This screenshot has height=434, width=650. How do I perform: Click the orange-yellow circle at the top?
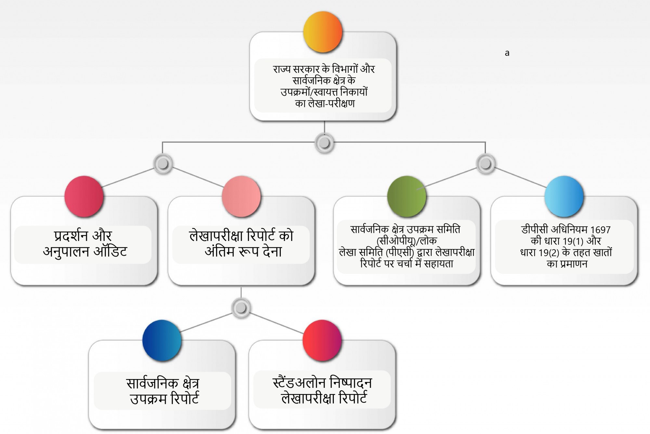click(x=323, y=32)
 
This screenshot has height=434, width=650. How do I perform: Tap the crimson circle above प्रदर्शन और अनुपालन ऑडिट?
click(x=84, y=196)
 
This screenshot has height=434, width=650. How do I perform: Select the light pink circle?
click(x=241, y=196)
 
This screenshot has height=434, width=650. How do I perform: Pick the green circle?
click(x=407, y=196)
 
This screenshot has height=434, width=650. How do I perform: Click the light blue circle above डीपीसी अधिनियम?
click(x=564, y=196)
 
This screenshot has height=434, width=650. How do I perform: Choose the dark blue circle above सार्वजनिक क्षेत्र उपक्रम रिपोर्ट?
click(x=162, y=340)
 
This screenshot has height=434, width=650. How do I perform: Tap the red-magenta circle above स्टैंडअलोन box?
click(x=322, y=340)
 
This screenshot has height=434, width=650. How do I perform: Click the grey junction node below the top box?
click(x=324, y=143)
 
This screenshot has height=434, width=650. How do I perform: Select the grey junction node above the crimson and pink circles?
click(x=163, y=164)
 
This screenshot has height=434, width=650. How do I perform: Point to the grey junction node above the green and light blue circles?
click(x=486, y=164)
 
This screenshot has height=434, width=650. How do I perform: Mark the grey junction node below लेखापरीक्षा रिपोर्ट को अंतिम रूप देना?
click(x=241, y=308)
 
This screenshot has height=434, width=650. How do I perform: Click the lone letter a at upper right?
click(x=507, y=53)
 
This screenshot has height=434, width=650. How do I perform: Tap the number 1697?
click(x=600, y=230)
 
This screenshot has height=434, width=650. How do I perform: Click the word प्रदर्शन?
click(x=71, y=236)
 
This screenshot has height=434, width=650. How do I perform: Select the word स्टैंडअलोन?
click(x=299, y=383)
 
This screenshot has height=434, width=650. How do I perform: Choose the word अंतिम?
click(x=219, y=251)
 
